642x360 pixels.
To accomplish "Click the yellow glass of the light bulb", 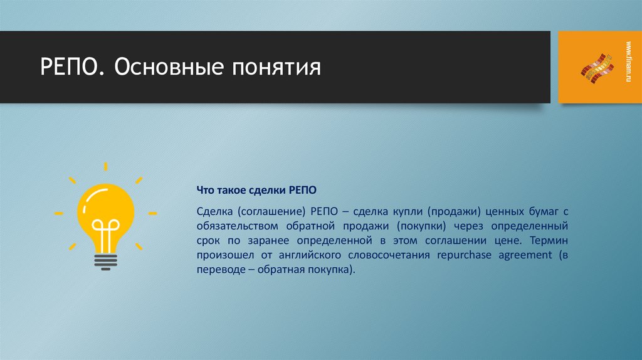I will [x=105, y=204].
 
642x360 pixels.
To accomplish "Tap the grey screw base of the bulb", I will [x=105, y=261].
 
